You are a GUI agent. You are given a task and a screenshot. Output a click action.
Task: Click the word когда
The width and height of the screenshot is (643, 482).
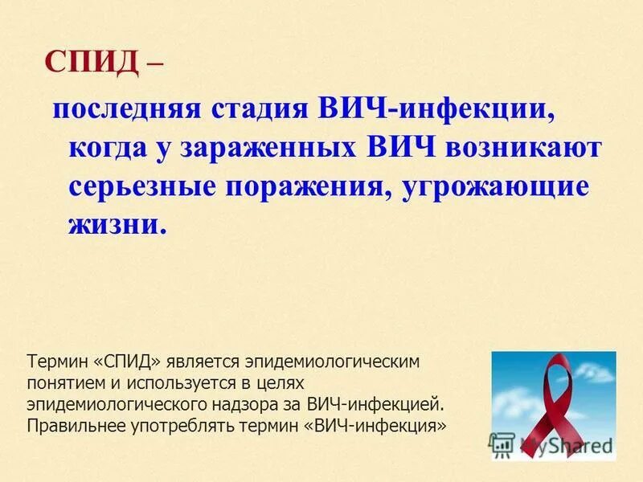[x=110, y=149]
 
